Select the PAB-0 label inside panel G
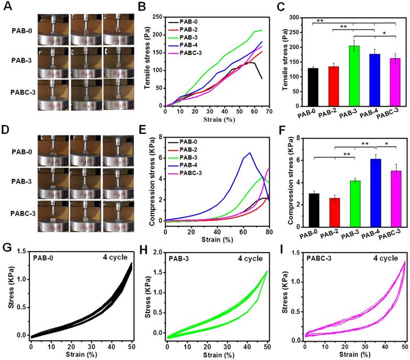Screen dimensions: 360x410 45,258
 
